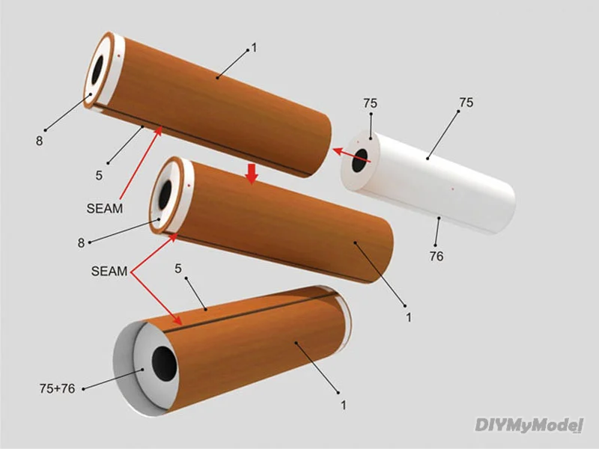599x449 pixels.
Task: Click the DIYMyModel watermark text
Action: click(x=529, y=426)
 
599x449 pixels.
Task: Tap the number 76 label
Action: click(x=437, y=256)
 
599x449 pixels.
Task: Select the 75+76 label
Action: click(x=56, y=388)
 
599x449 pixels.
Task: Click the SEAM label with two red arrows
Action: click(x=109, y=271)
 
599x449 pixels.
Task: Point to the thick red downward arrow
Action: click(x=252, y=174)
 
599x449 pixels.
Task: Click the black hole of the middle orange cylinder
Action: click(x=163, y=195)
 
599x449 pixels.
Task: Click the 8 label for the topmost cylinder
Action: click(x=40, y=139)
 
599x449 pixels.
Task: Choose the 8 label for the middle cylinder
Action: click(x=82, y=242)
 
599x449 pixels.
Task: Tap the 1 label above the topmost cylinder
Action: click(x=254, y=47)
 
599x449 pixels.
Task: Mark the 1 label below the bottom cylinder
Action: click(x=344, y=405)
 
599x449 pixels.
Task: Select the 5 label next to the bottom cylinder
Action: click(x=178, y=267)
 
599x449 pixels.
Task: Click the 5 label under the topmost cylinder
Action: click(x=99, y=176)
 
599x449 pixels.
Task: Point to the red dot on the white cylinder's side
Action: click(x=453, y=190)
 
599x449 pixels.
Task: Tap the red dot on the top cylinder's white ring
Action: click(x=119, y=55)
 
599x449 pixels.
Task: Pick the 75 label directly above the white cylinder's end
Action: click(x=370, y=103)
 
